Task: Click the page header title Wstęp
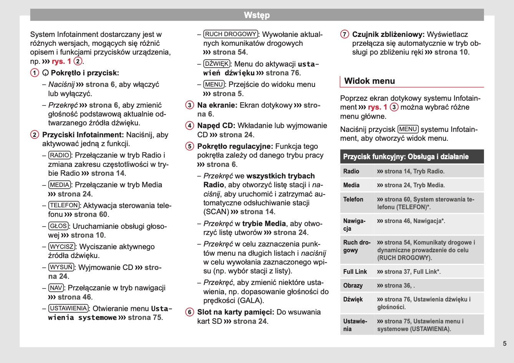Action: tap(257, 15)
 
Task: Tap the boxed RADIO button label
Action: tap(60, 155)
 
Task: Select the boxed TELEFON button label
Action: tap(64, 205)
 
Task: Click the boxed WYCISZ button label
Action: tap(61, 247)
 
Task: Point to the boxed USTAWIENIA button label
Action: tap(69, 308)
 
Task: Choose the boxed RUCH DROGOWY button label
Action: tap(230, 34)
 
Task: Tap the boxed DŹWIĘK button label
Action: tap(217, 64)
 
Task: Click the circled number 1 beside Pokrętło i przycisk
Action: tap(35, 73)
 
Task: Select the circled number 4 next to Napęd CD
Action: tap(190, 126)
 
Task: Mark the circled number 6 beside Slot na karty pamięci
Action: tap(190, 312)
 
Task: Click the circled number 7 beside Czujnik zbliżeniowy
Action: tap(345, 35)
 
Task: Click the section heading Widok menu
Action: tap(370, 81)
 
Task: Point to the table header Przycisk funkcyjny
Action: tap(406, 157)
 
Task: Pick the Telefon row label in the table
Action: tap(353, 199)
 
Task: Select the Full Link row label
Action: tap(355, 271)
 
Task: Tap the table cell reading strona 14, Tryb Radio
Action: tap(411, 172)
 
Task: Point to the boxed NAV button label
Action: tap(56, 288)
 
